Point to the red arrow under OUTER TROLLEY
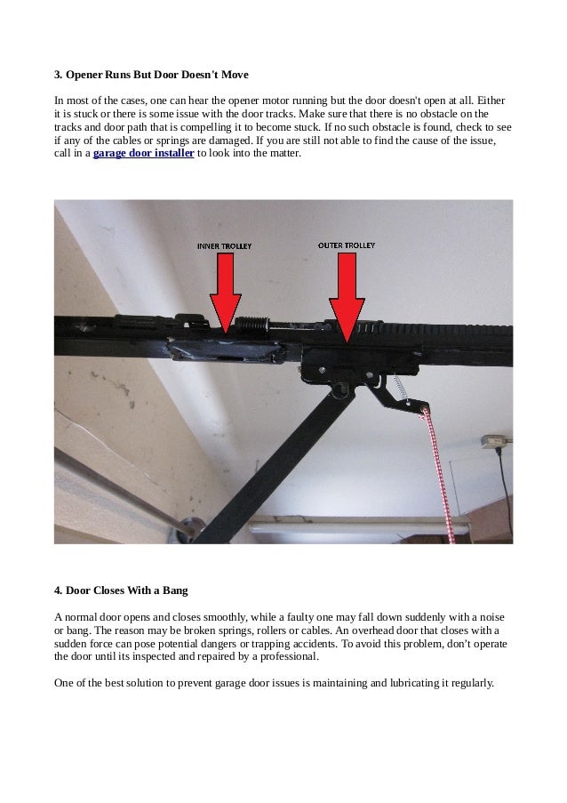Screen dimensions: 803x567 coord(346,293)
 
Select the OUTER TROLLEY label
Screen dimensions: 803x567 coord(347,243)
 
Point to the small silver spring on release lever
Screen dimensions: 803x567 coord(399,389)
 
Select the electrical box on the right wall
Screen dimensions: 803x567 coord(494,442)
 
